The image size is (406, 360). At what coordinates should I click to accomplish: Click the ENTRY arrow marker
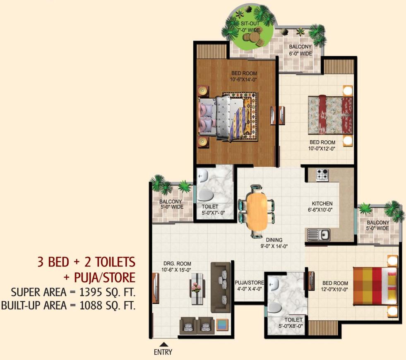pyautogui.click(x=164, y=344)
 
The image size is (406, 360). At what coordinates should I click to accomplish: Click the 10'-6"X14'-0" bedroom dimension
pyautogui.click(x=244, y=81)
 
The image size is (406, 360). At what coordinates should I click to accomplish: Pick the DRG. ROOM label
pyautogui.click(x=177, y=264)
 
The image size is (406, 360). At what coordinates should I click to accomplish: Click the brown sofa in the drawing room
pyautogui.click(x=220, y=282)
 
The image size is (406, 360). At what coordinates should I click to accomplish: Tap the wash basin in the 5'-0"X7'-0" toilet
pyautogui.click(x=203, y=176)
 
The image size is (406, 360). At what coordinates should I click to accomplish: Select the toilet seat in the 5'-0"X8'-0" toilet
pyautogui.click(x=274, y=307)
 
